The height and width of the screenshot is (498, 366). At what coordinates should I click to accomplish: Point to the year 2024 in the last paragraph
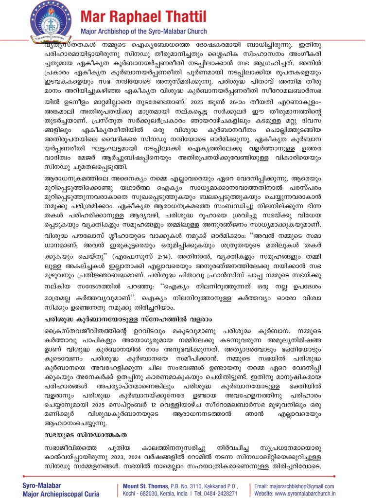point(173,459)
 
